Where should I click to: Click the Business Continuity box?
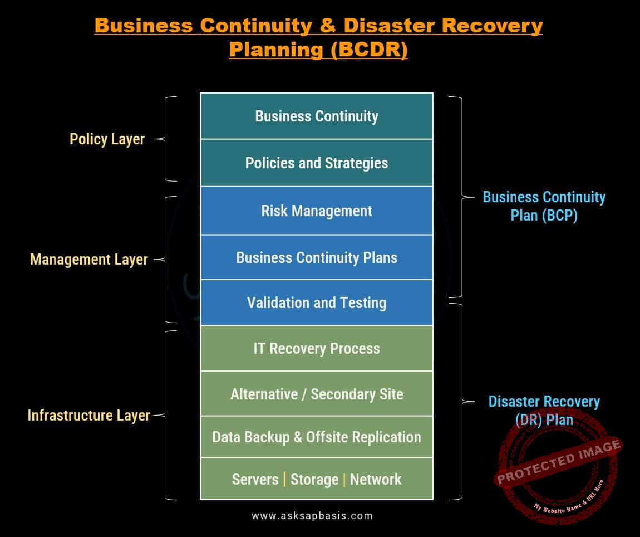(317, 116)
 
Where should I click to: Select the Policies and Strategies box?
(317, 163)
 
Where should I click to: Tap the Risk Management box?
(317, 211)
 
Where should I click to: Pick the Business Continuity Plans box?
(317, 258)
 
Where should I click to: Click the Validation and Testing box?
(317, 303)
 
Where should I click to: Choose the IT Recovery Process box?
(317, 349)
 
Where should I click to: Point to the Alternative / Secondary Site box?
(317, 394)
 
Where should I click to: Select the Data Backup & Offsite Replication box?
(317, 437)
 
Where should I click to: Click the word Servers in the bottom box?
(255, 480)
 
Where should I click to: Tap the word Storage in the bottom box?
(314, 480)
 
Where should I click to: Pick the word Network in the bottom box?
(376, 480)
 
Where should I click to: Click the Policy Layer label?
(107, 139)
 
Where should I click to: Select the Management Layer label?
(89, 260)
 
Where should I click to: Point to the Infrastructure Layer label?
(89, 416)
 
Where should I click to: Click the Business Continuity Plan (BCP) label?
(544, 206)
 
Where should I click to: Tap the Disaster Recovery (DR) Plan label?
(544, 410)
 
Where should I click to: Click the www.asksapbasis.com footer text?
(312, 516)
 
